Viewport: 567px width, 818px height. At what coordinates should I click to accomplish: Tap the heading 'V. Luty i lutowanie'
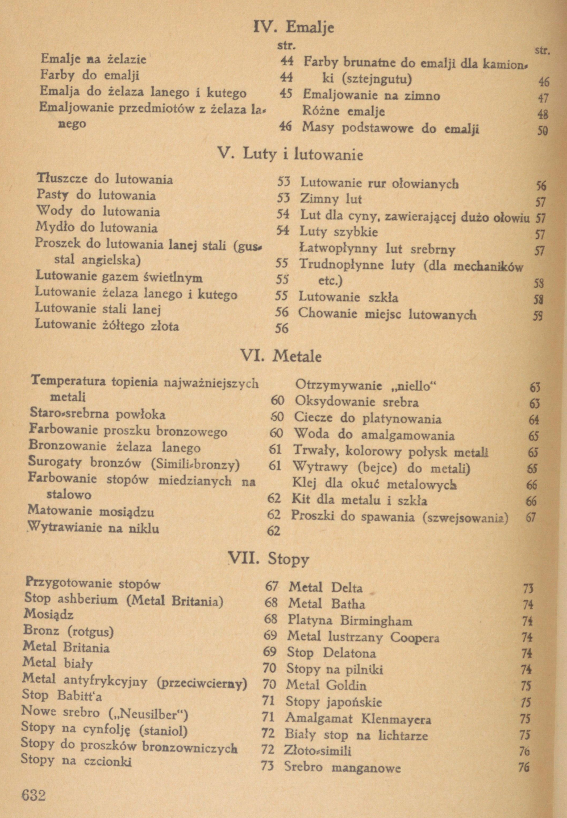[290, 155]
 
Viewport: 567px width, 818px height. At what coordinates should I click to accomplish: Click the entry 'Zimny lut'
[331, 199]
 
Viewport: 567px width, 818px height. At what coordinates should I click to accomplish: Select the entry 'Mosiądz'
[49, 614]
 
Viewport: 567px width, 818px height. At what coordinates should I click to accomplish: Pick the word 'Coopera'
[415, 638]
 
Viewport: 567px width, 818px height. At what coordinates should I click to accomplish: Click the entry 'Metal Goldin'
[326, 685]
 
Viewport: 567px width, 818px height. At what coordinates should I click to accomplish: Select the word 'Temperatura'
[69, 381]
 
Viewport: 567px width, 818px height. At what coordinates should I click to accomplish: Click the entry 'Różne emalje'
[343, 112]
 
